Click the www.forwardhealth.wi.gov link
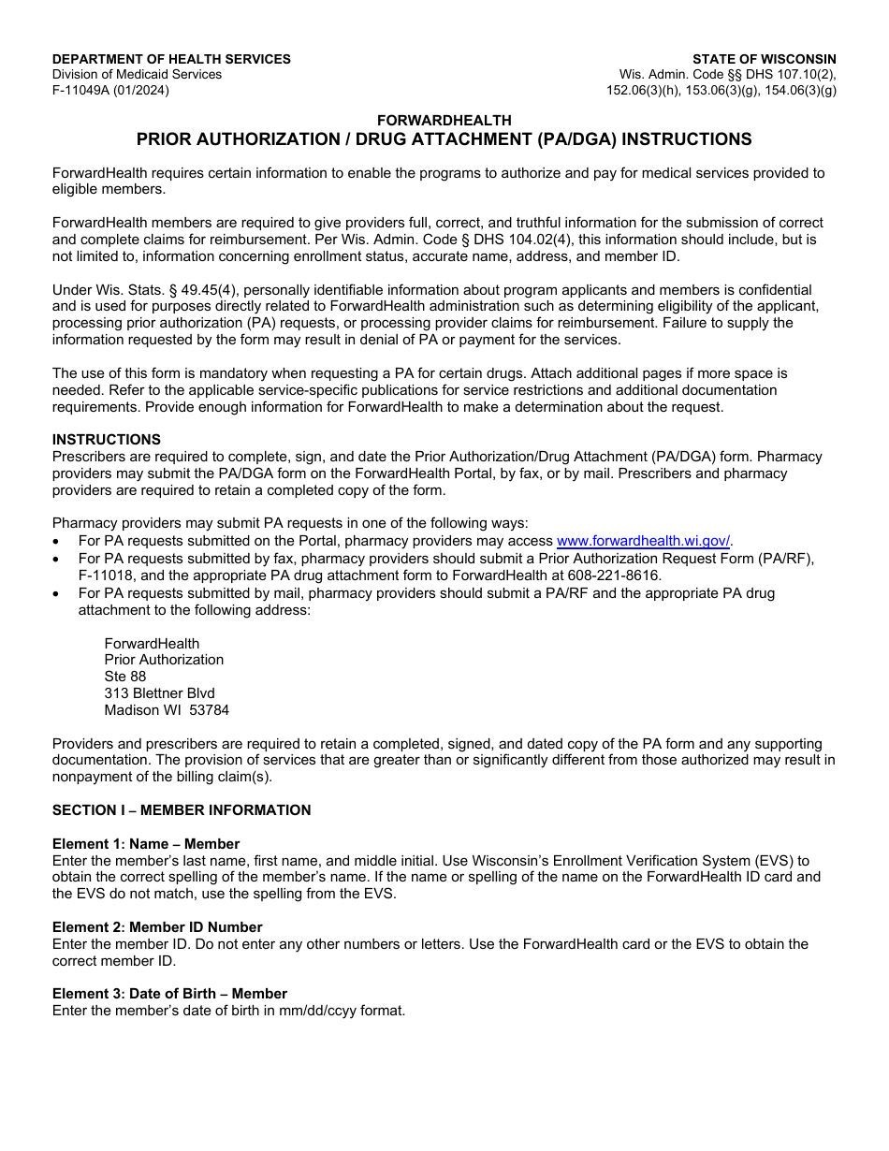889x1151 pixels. click(643, 541)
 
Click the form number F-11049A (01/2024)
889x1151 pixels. click(110, 91)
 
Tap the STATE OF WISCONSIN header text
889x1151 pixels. click(764, 59)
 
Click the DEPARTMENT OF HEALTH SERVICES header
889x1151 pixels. click(171, 59)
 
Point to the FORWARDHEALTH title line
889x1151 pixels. click(444, 120)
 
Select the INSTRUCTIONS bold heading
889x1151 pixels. click(106, 440)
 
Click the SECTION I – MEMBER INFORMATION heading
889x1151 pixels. click(182, 810)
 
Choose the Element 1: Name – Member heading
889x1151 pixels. click(146, 844)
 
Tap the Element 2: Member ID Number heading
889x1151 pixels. click(157, 927)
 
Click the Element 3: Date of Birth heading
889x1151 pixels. click(169, 994)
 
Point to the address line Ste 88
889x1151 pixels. click(125, 677)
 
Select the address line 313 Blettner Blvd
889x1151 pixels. click(159, 693)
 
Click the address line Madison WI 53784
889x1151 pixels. click(167, 710)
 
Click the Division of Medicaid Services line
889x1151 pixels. click(137, 75)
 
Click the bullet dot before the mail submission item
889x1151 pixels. click(58, 593)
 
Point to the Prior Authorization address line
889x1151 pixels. click(164, 660)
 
